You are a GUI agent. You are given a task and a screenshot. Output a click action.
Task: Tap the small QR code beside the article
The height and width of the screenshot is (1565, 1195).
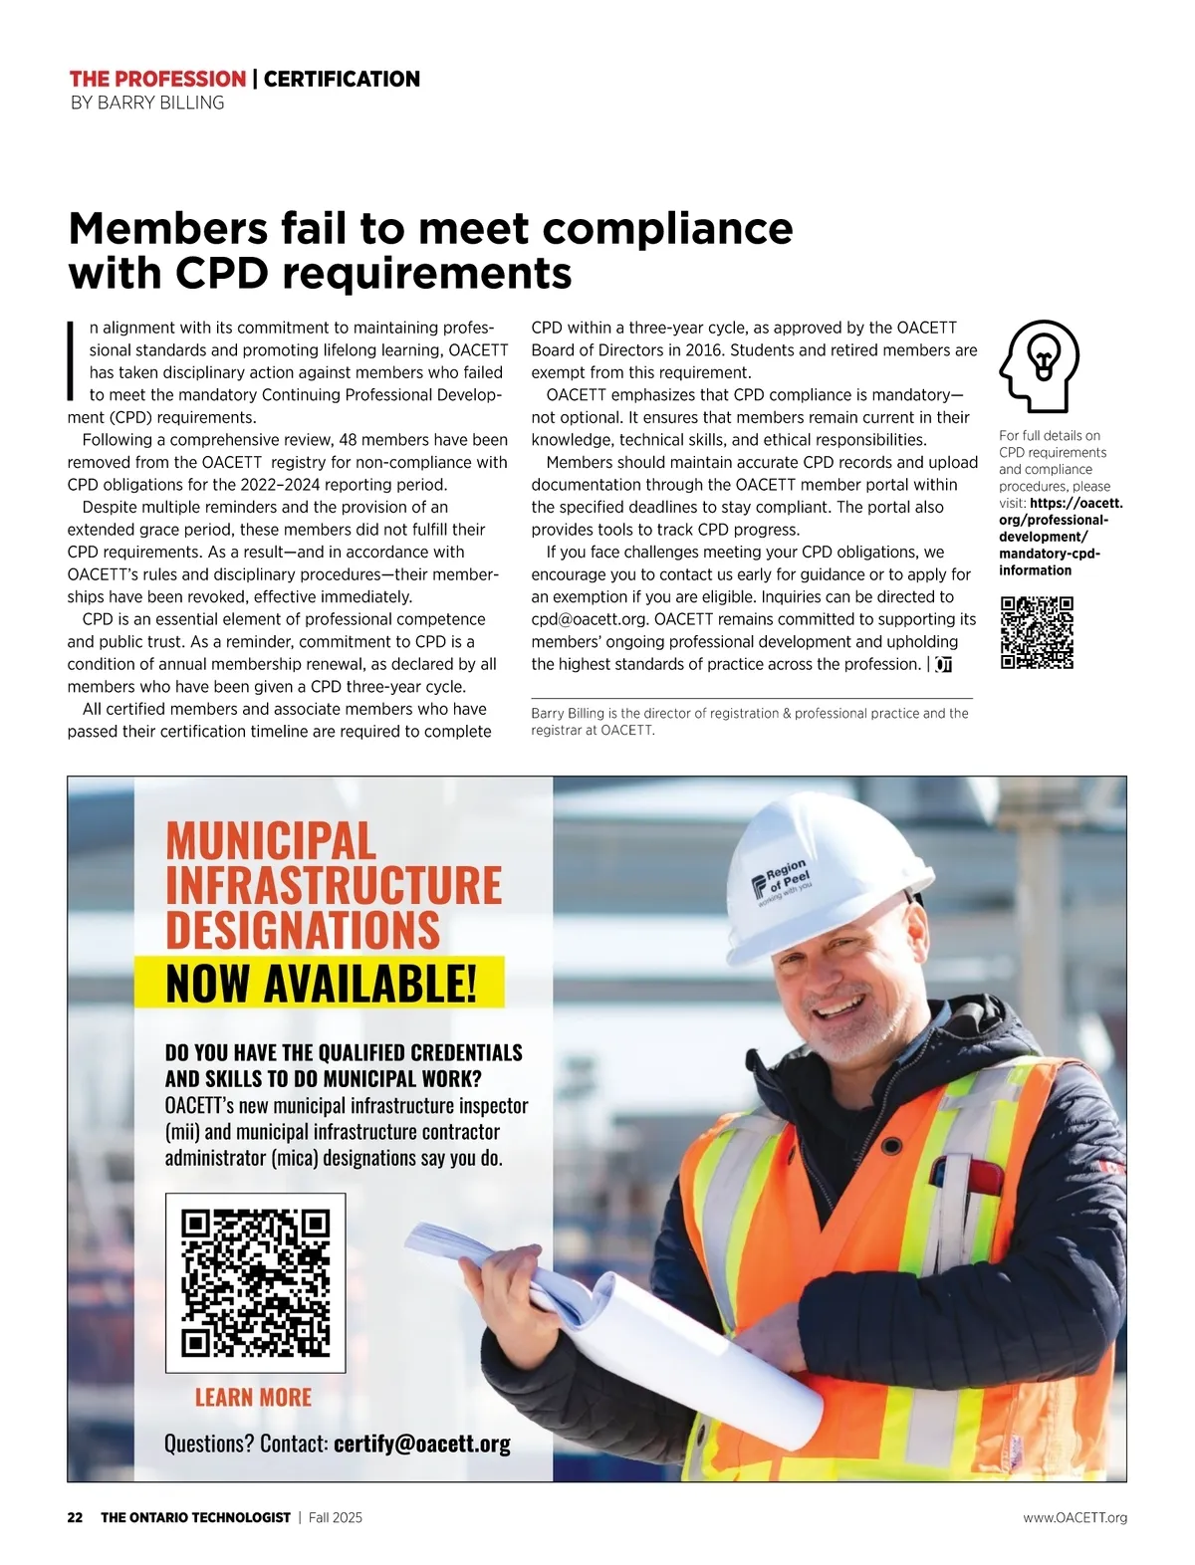(x=1037, y=632)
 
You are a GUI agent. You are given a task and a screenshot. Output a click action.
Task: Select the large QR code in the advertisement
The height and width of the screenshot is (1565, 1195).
(x=255, y=1282)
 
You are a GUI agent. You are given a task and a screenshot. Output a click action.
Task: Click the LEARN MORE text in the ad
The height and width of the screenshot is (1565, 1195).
(x=253, y=1398)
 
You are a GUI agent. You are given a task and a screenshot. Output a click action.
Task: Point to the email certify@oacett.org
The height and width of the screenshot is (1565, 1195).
(x=422, y=1444)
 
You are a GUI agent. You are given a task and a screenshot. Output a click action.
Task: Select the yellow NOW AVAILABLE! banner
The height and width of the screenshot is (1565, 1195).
(x=320, y=984)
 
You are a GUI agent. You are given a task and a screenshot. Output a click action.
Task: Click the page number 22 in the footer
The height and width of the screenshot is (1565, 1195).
(x=76, y=1517)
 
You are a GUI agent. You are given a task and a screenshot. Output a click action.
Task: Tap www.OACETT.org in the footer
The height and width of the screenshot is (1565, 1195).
(x=1075, y=1517)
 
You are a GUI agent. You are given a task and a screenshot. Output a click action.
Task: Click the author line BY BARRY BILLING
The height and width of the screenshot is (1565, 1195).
(x=147, y=103)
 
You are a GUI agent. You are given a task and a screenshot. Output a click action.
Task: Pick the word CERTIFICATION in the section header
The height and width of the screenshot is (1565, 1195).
(x=342, y=79)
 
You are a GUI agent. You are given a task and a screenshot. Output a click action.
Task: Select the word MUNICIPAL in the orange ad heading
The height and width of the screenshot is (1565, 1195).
(x=271, y=841)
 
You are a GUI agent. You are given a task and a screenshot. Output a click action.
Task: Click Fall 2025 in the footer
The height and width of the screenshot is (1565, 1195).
(x=336, y=1517)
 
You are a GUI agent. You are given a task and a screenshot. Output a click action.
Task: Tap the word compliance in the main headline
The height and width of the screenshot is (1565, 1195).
(x=667, y=228)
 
